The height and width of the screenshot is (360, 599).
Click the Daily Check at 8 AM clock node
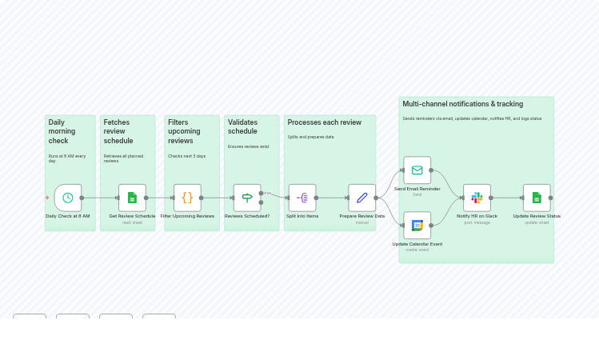68,198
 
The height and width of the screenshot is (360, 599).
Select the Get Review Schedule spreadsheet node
132,198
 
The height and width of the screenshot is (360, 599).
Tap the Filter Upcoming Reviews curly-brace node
187,198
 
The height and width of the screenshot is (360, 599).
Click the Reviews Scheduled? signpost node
247,198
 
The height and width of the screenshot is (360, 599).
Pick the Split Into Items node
302,198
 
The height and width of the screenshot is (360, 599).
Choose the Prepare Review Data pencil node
361,198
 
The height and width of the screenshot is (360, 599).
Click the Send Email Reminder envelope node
417,170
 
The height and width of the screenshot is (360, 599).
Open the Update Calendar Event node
417,225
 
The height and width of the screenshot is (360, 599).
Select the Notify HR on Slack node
477,198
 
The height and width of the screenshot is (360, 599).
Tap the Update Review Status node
537,198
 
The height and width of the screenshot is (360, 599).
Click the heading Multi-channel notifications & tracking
462,104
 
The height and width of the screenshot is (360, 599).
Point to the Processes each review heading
324,122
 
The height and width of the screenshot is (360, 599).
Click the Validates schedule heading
242,126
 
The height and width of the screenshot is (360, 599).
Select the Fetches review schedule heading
118,131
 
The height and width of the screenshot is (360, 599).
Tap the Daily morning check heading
62,131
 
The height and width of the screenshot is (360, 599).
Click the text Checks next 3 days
186,156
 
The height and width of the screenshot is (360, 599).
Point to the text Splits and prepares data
310,137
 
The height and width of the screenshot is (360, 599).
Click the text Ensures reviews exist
248,146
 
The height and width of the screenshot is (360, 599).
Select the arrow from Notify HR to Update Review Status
507,198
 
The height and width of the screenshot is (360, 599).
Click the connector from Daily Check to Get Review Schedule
100,198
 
